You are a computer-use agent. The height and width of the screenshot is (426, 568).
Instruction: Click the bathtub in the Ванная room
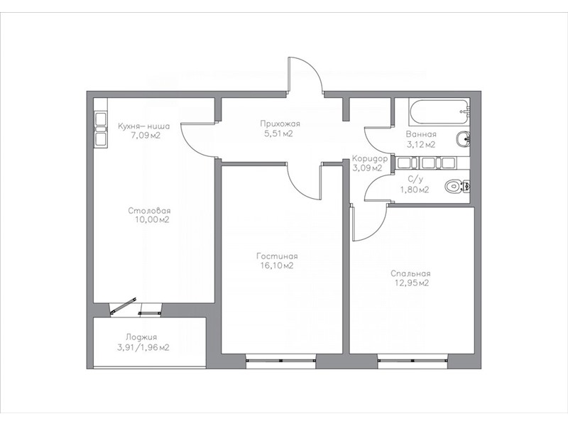pyautogui.click(x=439, y=111)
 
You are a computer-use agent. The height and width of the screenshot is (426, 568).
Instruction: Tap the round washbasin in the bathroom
pyautogui.click(x=463, y=139)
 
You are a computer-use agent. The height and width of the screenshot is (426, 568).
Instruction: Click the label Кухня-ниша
pyautogui.click(x=144, y=126)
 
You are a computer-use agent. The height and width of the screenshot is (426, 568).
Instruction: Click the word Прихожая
pyautogui.click(x=280, y=124)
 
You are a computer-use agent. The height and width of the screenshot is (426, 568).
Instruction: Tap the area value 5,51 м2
pyautogui.click(x=278, y=133)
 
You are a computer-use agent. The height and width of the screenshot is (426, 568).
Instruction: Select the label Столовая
pyautogui.click(x=149, y=210)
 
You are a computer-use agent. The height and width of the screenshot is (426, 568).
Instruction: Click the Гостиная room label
pyautogui.click(x=277, y=256)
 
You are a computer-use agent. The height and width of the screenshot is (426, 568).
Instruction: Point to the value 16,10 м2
pyautogui.click(x=276, y=266)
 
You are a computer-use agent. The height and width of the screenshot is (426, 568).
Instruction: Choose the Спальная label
pyautogui.click(x=410, y=273)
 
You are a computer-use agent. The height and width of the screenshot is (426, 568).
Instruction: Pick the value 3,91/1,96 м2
pyautogui.click(x=143, y=348)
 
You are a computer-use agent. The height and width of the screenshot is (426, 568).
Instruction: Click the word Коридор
pyautogui.click(x=370, y=158)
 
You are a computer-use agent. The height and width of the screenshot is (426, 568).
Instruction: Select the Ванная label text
pyautogui.click(x=421, y=134)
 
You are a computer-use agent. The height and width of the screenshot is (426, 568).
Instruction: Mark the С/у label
pyautogui.click(x=415, y=179)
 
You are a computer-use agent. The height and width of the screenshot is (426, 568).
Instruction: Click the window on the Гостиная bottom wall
pyautogui.click(x=280, y=361)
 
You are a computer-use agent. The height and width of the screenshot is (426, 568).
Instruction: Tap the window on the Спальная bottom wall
pyautogui.click(x=413, y=361)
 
